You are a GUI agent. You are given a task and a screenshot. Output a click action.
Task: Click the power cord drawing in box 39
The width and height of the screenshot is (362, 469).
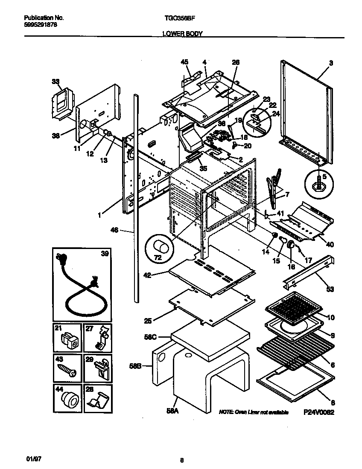pyautogui.click(x=81, y=290)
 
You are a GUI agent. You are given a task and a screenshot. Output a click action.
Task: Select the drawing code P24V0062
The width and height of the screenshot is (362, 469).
pyautogui.click(x=318, y=412)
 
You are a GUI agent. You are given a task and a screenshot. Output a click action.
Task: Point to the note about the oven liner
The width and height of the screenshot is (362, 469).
pyautogui.click(x=254, y=412)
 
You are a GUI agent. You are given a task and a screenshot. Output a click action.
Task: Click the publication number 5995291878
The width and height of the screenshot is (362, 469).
pyautogui.click(x=41, y=25)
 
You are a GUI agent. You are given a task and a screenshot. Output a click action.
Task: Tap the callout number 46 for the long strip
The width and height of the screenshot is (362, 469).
pyautogui.click(x=114, y=230)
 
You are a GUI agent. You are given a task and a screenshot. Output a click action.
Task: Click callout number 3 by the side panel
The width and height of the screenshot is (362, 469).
pyautogui.click(x=330, y=63)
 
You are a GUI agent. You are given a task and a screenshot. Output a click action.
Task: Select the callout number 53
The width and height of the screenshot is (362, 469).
pyautogui.click(x=330, y=290)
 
